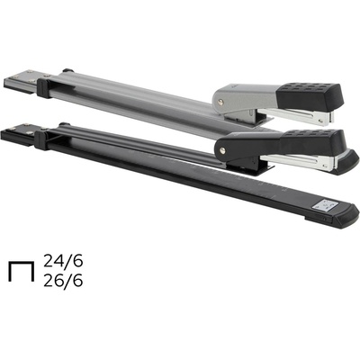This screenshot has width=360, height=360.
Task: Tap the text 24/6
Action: [63, 261]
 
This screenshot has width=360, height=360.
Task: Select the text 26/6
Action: [63, 281]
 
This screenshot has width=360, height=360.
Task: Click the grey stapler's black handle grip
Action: [309, 96]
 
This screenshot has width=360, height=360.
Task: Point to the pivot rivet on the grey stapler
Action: [221, 103]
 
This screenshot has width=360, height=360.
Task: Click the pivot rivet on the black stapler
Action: [222, 149]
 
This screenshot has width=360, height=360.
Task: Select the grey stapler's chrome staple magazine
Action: [297, 116]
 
